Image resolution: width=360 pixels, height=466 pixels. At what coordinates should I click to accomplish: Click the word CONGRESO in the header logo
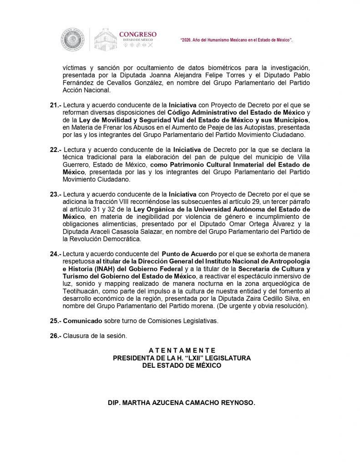[x=137, y=34]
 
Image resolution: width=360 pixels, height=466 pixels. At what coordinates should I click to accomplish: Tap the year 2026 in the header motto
[x=188, y=40]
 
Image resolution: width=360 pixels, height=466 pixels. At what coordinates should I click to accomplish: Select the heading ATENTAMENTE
[x=182, y=350]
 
